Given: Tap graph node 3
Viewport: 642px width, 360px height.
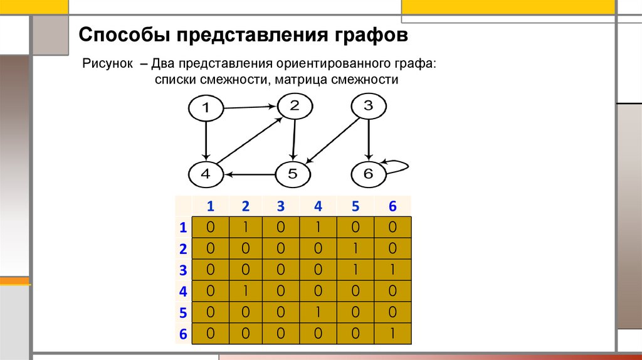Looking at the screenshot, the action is [368, 106].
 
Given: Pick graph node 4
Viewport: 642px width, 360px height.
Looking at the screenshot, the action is [206, 174].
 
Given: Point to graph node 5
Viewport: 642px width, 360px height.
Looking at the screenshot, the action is [292, 174].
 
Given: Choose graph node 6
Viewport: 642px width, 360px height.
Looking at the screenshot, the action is [368, 174].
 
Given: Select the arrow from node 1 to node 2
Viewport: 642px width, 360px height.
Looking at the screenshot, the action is [250, 107].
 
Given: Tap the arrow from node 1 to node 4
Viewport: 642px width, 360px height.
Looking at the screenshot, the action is [206, 141].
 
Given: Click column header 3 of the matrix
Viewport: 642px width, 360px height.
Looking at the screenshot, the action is [282, 206].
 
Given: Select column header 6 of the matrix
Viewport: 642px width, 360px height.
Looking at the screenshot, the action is [392, 206].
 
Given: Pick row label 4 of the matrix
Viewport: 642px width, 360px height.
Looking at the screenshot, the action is [183, 292].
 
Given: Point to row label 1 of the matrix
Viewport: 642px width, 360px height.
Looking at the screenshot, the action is [183, 227].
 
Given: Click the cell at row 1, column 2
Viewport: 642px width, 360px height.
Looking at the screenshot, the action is [245, 226].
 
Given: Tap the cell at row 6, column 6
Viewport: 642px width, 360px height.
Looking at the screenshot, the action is [392, 334].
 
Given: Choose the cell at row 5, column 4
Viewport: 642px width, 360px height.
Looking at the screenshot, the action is [318, 312].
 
